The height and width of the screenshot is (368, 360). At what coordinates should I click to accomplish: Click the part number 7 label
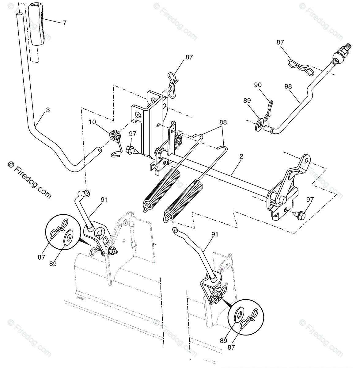click(64, 23)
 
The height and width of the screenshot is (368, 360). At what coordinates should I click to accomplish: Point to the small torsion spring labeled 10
click(115, 136)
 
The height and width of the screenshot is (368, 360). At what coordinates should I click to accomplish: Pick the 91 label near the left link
click(104, 200)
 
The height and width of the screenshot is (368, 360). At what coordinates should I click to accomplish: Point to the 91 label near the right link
click(215, 234)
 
